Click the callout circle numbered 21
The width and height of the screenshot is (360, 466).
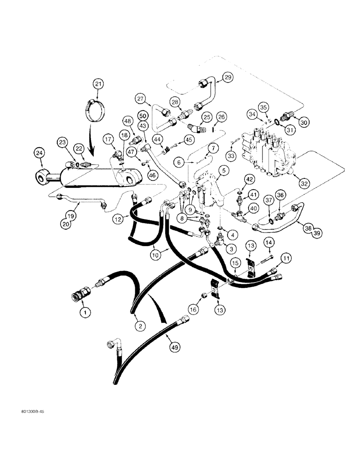point(97,84)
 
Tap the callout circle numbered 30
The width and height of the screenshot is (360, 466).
point(304,122)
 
